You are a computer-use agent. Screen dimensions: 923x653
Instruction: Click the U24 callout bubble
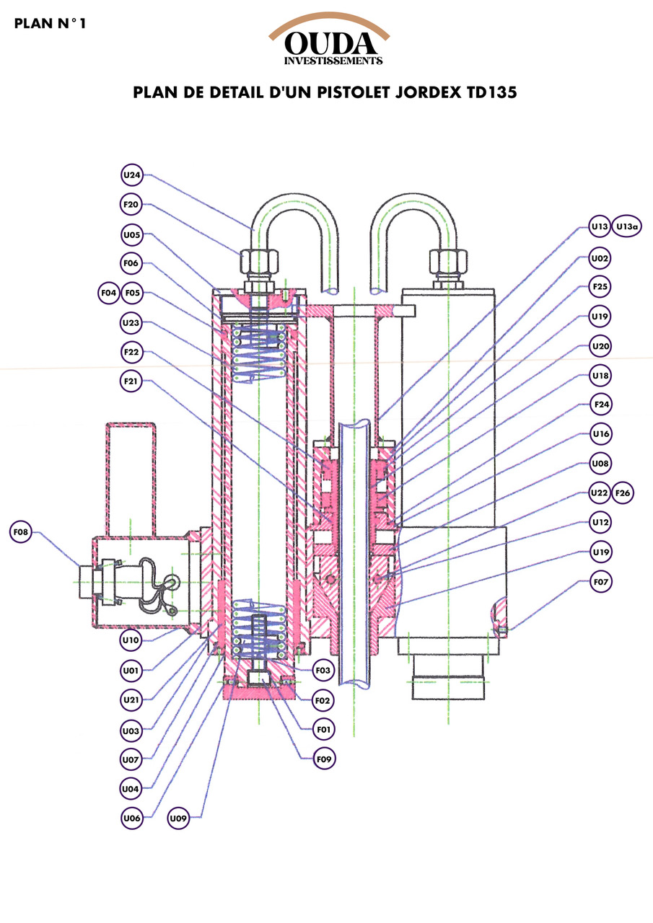point(131,175)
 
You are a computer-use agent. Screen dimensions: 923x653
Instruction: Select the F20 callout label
point(131,204)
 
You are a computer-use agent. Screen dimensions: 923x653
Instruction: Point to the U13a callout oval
point(627,226)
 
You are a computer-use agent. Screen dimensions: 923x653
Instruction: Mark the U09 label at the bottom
point(179,818)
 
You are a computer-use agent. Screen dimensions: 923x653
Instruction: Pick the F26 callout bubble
point(622,493)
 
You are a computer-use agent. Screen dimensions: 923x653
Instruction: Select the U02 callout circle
point(600,257)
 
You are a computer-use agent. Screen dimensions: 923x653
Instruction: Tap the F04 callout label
point(109,293)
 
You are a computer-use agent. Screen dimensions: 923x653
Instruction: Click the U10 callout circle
point(131,640)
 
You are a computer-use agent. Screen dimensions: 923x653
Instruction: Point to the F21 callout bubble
point(131,381)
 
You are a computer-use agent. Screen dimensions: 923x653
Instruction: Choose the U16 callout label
point(600,433)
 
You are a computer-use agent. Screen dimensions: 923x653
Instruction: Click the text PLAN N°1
point(50,23)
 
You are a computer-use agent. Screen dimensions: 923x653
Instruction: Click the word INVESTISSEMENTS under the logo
point(333,61)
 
